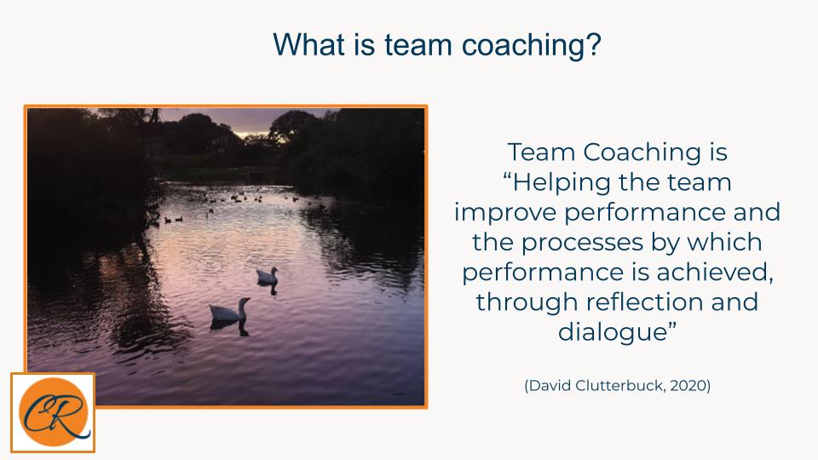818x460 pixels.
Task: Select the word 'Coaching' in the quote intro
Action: [642, 152]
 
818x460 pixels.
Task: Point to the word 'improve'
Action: [505, 212]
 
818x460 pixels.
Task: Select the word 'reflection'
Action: [645, 302]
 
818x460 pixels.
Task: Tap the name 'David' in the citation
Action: [550, 385]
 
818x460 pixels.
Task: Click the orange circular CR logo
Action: [53, 412]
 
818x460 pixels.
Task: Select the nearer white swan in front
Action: [229, 310]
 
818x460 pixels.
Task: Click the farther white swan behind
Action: [267, 276]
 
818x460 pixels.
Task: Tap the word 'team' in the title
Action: [418, 45]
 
